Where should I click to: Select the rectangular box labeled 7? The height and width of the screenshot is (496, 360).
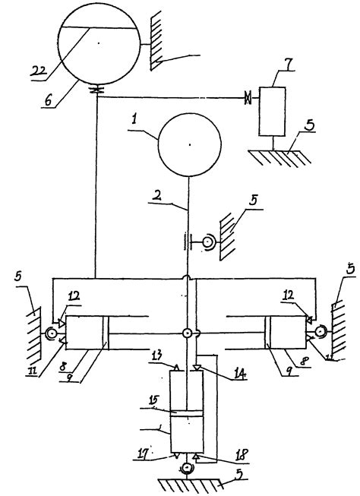[271, 112]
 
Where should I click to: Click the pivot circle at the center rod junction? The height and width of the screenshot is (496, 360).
[187, 333]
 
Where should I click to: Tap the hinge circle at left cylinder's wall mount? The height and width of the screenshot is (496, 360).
[52, 333]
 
